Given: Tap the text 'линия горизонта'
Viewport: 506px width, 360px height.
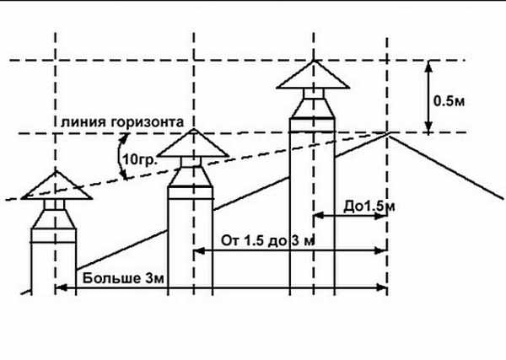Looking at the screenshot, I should click(121, 121).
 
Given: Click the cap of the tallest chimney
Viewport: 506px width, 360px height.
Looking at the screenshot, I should click(313, 78).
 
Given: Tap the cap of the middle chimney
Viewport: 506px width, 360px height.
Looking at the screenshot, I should click(193, 146).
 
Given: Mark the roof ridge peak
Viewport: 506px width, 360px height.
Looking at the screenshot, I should click(388, 132).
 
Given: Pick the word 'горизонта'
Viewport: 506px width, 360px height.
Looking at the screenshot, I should click(152, 121).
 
